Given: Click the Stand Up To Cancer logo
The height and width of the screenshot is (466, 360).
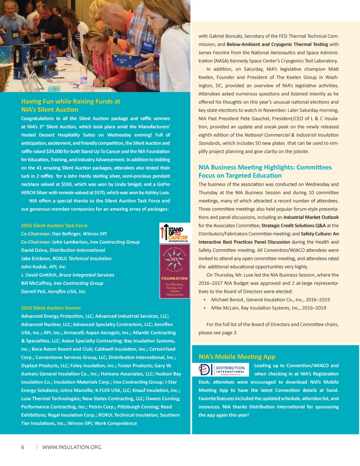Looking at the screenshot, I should (x=175, y=233).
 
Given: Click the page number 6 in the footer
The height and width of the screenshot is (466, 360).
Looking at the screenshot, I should (x=23, y=447).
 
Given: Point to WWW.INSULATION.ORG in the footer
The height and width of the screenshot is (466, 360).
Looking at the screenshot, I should (x=72, y=447).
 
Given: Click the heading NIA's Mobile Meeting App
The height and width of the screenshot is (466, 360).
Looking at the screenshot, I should (x=237, y=357).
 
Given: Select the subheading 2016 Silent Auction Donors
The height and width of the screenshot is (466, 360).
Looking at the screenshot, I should (x=51, y=308).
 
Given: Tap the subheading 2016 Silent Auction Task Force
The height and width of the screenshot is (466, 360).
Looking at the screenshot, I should (x=54, y=225).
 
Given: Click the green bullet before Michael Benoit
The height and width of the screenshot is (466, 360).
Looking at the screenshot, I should (x=205, y=300).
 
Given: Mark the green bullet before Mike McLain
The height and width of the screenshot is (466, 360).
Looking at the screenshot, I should (x=205, y=308).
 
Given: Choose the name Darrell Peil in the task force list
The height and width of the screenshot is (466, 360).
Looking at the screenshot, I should (x=33, y=291).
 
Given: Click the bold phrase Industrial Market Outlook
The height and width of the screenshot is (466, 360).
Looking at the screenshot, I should (x=311, y=217).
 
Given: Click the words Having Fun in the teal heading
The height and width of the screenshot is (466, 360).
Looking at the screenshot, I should (x=36, y=101).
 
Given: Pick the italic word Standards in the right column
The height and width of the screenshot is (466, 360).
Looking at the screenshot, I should (x=209, y=143).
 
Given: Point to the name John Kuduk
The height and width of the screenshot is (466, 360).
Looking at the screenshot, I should (x=34, y=267).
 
